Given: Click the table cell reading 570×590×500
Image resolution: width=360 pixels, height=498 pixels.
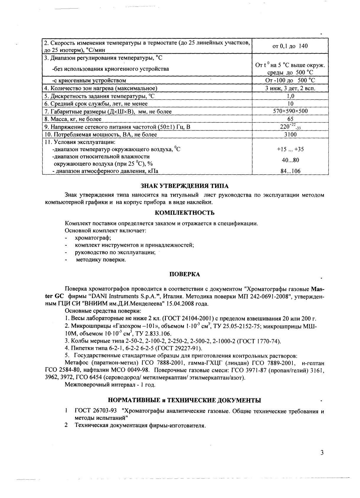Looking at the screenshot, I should pos(290,112).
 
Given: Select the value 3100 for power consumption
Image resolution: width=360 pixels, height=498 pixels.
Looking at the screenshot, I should pos(290,135).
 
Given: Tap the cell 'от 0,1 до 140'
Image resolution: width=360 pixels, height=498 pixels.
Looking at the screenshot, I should pos(290,46).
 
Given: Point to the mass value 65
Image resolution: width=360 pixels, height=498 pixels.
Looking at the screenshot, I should pos(290,119).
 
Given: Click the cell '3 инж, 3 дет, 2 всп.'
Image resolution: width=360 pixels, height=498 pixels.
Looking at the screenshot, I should pos(290,88).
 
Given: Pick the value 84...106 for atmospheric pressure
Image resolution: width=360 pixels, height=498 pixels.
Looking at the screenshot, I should pos(290,171).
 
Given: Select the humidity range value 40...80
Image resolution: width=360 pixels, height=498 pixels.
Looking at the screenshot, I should pos(290,160).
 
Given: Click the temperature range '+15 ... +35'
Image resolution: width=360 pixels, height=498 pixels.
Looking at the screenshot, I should pos(290,149).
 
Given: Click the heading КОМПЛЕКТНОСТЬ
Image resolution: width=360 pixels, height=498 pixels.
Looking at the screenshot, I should pos(185,213).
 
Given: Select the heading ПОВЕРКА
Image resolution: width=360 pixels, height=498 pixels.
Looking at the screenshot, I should pos(185,274).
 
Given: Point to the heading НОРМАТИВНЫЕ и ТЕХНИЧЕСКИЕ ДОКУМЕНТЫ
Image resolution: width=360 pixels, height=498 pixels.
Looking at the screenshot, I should pos(184,400).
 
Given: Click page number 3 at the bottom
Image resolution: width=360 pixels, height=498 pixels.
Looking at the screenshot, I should pos(322,453).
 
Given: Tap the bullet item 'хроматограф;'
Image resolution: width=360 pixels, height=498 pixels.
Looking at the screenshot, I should pos(93,238).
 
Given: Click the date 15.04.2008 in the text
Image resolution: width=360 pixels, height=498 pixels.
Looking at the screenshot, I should pos(191,304).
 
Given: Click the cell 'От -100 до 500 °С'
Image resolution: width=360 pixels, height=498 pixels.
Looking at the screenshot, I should pos(290,81).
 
